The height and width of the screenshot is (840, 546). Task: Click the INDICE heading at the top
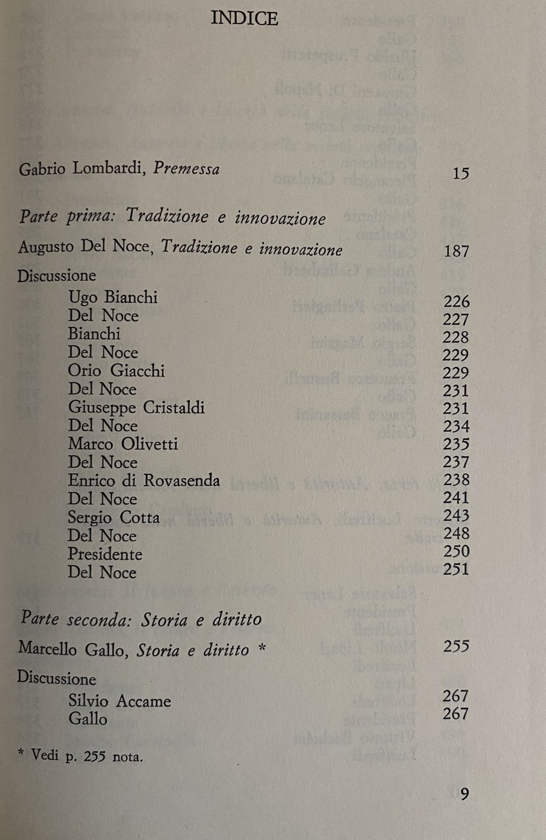pos(244,20)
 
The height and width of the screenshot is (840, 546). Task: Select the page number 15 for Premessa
pos(461,174)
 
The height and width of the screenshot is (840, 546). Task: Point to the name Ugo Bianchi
pos(113,298)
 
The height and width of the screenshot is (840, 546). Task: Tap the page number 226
pos(456,302)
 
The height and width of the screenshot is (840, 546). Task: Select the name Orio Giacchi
pos(116,371)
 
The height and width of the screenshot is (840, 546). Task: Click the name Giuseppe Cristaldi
pos(136,408)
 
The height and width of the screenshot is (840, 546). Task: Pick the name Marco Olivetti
pos(123,444)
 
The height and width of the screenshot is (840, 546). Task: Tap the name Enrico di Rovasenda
pos(144,480)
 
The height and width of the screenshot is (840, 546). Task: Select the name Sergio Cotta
pos(113,518)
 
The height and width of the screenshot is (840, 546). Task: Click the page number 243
pos(456,516)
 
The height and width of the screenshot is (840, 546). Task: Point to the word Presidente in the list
pos(105,554)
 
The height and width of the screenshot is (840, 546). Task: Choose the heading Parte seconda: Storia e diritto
pos(141,619)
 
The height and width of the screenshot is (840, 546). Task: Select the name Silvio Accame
pos(119,701)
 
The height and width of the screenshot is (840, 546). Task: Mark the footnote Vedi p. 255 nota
pos(81,757)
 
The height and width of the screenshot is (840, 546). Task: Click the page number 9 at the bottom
pos(464,794)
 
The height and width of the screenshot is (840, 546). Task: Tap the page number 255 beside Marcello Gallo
pos(456,646)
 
